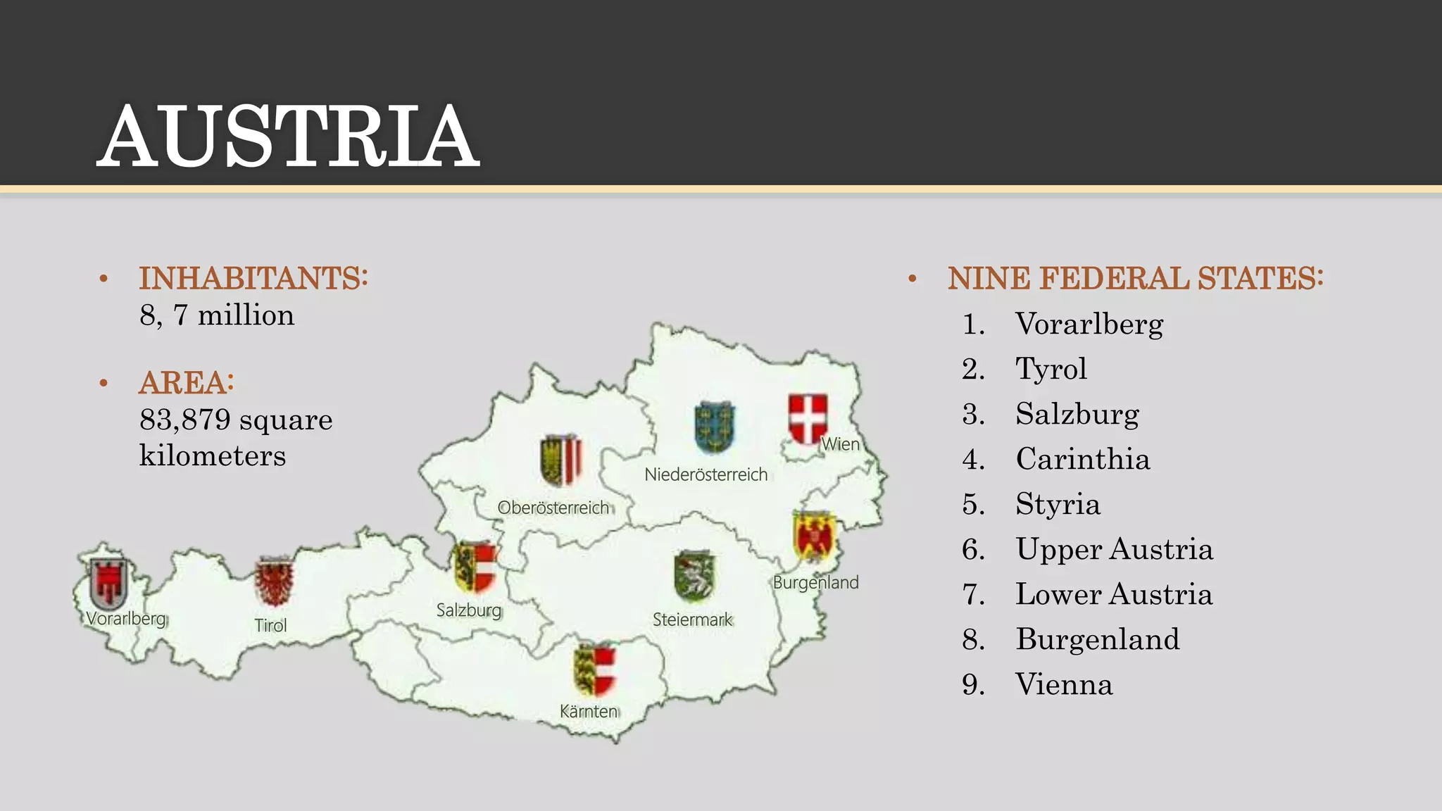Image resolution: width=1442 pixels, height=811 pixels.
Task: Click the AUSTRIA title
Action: (x=288, y=136)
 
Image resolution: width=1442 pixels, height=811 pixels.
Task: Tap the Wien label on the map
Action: (x=840, y=444)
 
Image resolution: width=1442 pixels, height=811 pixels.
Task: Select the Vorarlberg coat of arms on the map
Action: (x=108, y=583)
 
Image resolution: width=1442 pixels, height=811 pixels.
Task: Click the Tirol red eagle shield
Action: (x=274, y=581)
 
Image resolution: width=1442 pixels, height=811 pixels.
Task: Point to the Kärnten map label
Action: (x=589, y=711)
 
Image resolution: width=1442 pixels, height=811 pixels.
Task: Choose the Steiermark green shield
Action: (x=694, y=576)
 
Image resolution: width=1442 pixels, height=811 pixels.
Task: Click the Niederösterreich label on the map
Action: (x=706, y=474)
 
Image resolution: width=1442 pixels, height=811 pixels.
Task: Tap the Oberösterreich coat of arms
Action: (x=560, y=460)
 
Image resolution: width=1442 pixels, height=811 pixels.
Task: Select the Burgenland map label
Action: (x=815, y=582)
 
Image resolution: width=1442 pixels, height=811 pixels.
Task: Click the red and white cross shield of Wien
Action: (x=808, y=418)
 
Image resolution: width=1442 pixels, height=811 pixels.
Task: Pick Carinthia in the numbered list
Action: (x=1082, y=459)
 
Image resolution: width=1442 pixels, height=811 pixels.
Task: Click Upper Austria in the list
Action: (x=1114, y=549)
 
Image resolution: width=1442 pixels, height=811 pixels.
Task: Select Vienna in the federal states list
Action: (x=1063, y=684)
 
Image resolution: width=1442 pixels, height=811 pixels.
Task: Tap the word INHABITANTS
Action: (x=253, y=278)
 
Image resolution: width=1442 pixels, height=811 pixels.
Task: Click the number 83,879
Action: (x=185, y=420)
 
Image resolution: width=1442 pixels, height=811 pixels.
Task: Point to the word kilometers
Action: (x=213, y=455)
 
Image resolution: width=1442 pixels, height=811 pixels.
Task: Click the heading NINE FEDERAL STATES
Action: (x=1135, y=278)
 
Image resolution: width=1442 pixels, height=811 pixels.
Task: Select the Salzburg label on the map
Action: (x=469, y=610)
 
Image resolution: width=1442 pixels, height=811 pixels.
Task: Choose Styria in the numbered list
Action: (x=1057, y=504)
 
